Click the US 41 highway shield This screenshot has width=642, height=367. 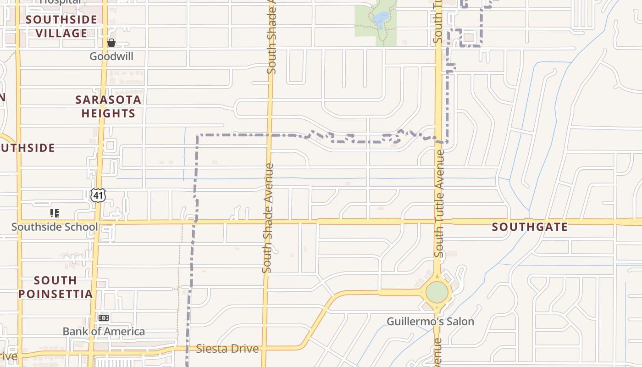(x=98, y=195)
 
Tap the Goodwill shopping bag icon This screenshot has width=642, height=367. (x=111, y=43)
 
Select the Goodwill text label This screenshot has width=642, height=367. (x=111, y=56)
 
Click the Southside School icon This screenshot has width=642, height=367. (x=55, y=213)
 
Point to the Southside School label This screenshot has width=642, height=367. (x=55, y=227)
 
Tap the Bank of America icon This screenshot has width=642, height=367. (x=104, y=318)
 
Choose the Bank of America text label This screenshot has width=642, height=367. (x=104, y=331)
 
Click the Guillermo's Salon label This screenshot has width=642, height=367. (x=430, y=321)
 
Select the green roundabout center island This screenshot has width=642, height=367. (x=437, y=292)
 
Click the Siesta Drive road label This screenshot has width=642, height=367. (x=227, y=349)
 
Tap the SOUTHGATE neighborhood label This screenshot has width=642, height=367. (x=530, y=227)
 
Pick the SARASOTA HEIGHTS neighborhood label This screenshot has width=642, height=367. (x=108, y=106)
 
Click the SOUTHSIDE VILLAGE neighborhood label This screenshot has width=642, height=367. (x=61, y=26)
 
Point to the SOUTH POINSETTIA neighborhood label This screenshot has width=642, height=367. (x=55, y=287)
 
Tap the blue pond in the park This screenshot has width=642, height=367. (x=381, y=18)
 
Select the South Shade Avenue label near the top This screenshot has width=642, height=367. (x=271, y=37)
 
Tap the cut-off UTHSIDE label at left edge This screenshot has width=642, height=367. (x=28, y=148)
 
